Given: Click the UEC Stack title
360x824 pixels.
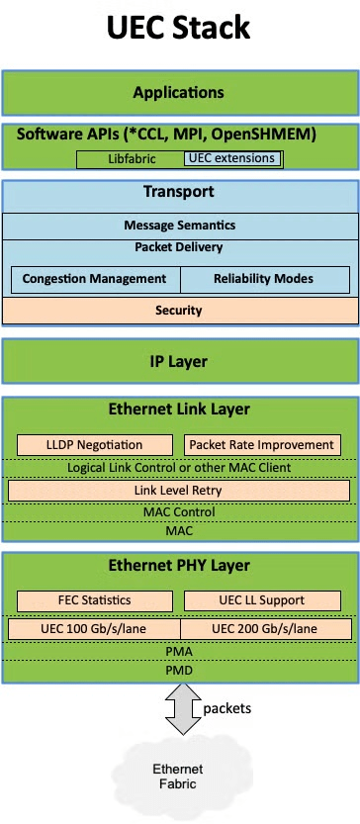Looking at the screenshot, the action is click(179, 29).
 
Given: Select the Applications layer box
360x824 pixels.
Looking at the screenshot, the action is click(180, 93).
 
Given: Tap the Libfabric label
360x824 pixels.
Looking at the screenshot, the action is click(132, 158).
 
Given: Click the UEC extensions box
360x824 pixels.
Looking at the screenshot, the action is click(231, 158).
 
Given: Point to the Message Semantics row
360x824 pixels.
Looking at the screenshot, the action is click(180, 226).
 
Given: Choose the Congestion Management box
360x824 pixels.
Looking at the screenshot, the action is click(96, 279).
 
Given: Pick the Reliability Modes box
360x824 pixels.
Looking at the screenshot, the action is click(265, 279).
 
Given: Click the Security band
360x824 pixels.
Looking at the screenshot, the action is click(180, 311).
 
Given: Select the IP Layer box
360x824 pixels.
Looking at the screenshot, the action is click(180, 361).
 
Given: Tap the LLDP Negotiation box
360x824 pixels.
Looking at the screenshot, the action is click(95, 445).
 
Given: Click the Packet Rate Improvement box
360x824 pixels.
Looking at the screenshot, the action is click(262, 445).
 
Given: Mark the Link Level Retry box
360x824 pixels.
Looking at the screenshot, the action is click(179, 491).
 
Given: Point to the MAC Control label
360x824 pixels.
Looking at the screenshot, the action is click(179, 511).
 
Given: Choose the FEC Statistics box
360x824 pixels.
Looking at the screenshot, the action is click(95, 600).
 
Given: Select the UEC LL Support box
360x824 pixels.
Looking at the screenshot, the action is click(262, 600).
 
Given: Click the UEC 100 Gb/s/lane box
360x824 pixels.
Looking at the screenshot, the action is click(95, 629).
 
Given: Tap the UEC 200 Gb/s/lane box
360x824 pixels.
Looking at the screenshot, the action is click(265, 629).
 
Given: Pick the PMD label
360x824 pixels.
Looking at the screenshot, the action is click(179, 671).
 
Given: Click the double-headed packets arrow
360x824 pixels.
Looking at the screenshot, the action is click(182, 709).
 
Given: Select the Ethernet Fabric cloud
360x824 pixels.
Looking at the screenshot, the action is click(178, 777).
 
